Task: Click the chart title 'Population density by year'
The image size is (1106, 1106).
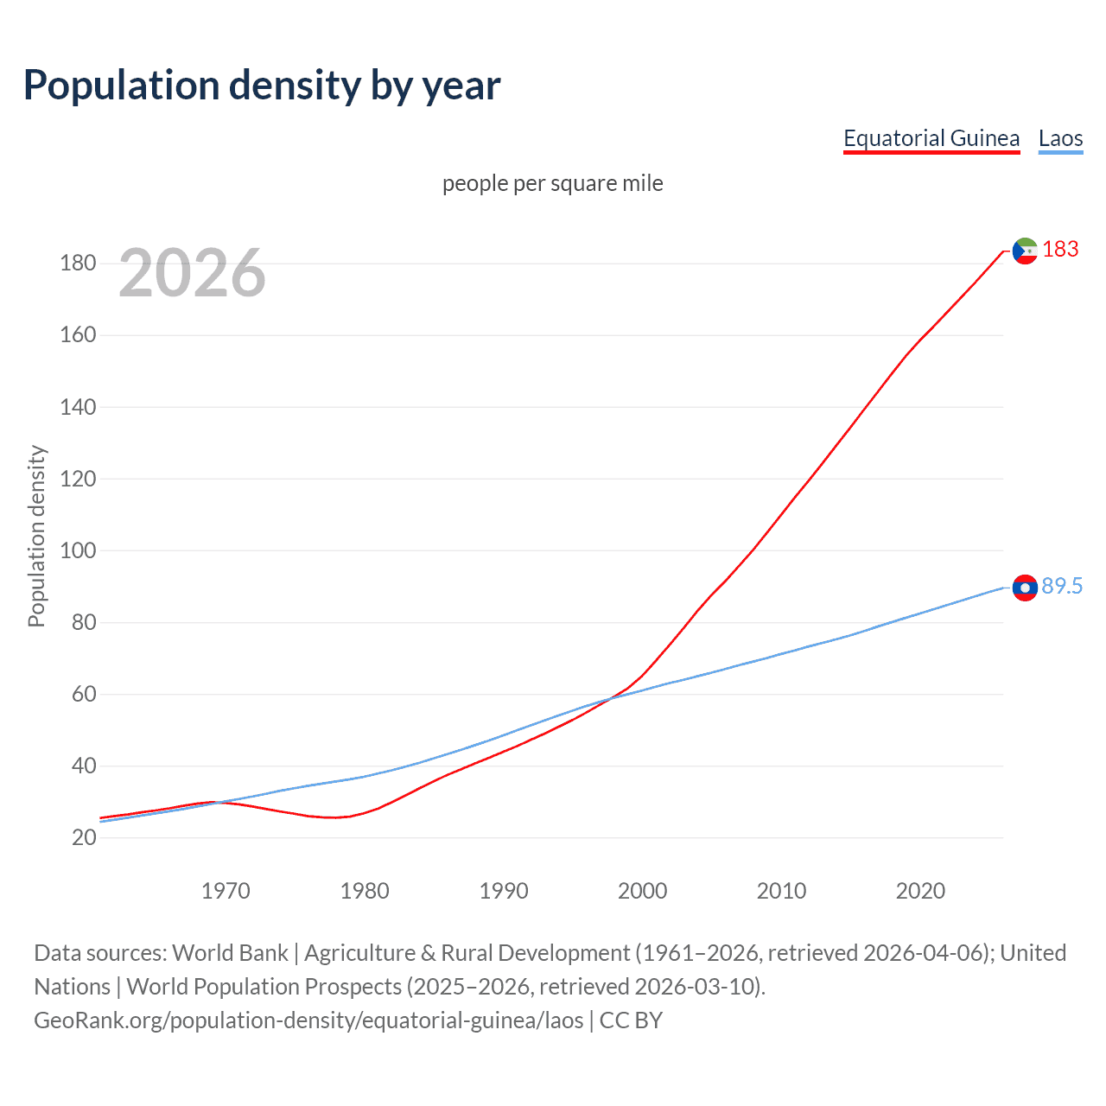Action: (262, 86)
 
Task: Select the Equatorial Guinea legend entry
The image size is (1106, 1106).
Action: (931, 138)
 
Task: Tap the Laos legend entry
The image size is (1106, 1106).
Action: (1060, 138)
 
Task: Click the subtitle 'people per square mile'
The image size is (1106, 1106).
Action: (552, 183)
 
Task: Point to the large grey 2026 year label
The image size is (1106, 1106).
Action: (192, 273)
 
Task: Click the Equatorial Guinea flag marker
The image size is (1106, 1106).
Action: (1024, 251)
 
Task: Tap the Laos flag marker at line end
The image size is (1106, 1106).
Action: (1024, 588)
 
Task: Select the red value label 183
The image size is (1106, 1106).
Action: (1060, 250)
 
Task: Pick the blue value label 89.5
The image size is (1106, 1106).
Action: (1062, 587)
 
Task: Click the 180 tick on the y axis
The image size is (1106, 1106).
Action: (78, 264)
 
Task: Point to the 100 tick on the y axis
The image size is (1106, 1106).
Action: (78, 550)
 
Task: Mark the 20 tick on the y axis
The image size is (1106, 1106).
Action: (84, 837)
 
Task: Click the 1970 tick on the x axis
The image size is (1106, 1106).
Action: (226, 891)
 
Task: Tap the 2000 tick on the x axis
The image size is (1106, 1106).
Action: (642, 891)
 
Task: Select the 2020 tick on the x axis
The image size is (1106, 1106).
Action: (920, 891)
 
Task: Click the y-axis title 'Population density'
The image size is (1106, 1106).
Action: (36, 536)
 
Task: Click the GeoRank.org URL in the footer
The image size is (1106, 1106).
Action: (308, 1020)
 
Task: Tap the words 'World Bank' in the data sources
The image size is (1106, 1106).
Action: (230, 953)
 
